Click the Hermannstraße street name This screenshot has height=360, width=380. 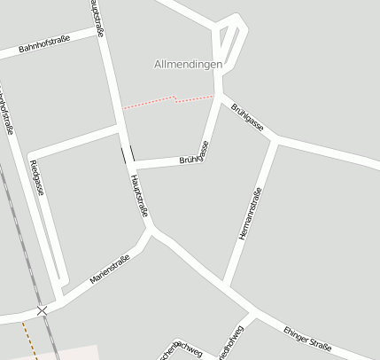tap(251, 215)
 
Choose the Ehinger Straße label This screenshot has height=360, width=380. tap(307, 340)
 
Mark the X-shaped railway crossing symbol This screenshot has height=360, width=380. tap(42, 310)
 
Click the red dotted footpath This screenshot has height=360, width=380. tap(168, 99)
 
